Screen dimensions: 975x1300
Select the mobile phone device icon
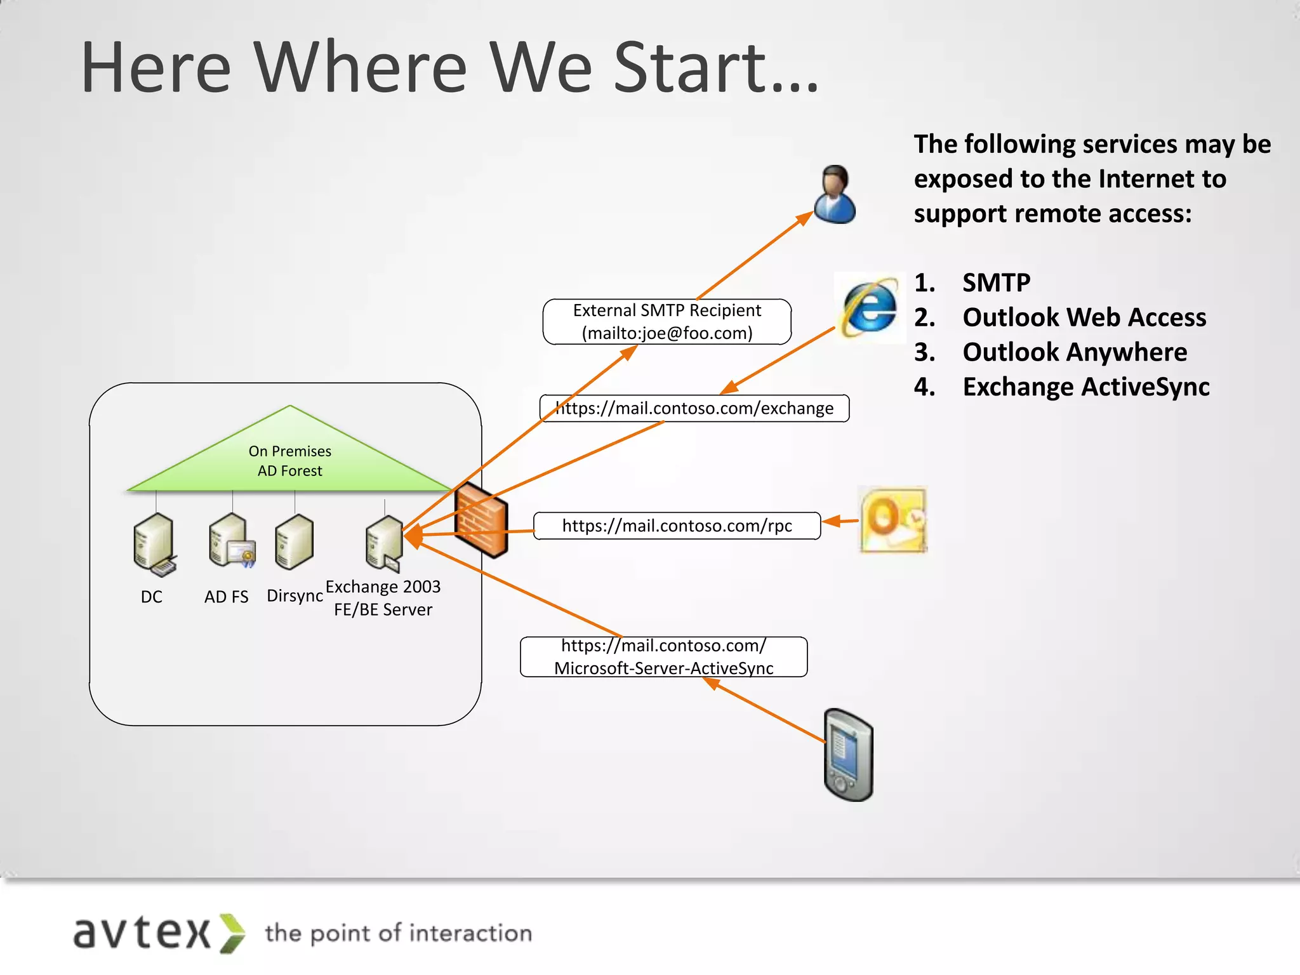pos(849,755)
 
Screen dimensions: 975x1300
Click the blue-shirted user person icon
pos(835,195)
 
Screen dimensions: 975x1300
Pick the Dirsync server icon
pos(294,541)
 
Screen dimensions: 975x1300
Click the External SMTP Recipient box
pos(667,322)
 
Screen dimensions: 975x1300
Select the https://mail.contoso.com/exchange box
pos(694,408)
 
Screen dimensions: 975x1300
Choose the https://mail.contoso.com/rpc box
pos(677,526)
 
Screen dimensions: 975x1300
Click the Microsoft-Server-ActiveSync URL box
pos(663,657)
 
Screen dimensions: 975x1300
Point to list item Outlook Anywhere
pos(1074,352)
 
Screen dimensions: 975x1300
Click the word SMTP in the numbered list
pos(996,282)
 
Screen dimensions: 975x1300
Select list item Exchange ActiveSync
pos(1085,387)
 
